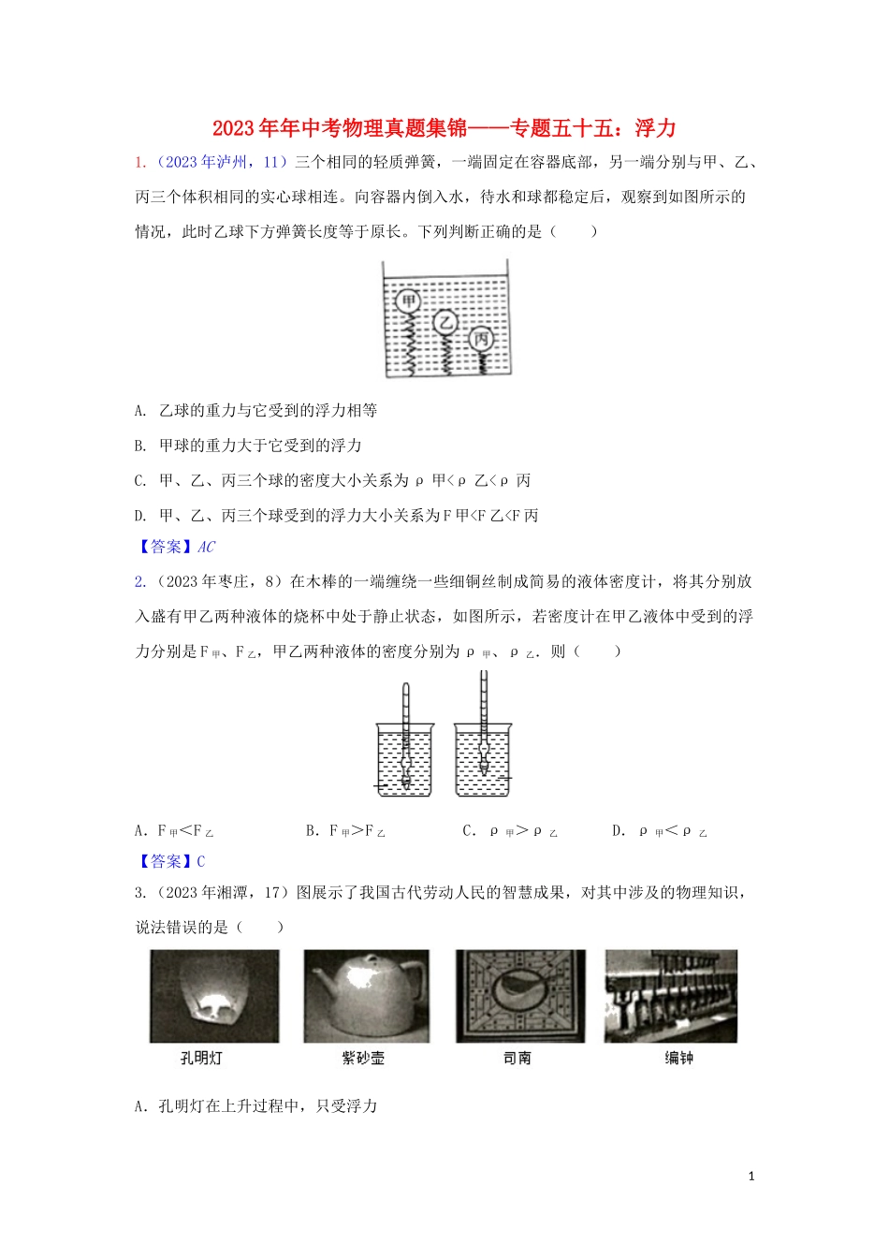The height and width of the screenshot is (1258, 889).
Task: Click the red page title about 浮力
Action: [444, 128]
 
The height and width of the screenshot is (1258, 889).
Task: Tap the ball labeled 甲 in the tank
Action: [407, 301]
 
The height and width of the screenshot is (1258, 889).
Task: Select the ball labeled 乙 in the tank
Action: [445, 323]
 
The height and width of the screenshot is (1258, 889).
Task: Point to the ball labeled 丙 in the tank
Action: [481, 339]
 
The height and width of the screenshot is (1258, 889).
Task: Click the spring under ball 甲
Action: [409, 343]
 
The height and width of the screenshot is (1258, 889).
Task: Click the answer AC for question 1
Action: [206, 547]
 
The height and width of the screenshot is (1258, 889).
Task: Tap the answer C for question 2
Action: [200, 861]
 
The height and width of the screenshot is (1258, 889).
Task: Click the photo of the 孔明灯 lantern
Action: [214, 996]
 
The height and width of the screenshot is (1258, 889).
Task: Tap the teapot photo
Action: [367, 996]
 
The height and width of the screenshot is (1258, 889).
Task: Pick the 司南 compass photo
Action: [519, 996]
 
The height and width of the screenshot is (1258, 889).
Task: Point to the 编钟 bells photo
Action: [671, 996]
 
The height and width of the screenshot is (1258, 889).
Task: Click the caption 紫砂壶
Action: [363, 1058]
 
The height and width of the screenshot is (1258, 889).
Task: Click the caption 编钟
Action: [678, 1058]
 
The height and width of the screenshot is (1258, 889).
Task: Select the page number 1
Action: [751, 1177]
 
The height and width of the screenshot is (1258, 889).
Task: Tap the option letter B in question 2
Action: [311, 831]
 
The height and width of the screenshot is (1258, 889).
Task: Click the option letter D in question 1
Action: [140, 516]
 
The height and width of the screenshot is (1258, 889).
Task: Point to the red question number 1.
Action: [139, 162]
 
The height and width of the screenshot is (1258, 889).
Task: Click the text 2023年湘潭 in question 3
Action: [207, 893]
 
